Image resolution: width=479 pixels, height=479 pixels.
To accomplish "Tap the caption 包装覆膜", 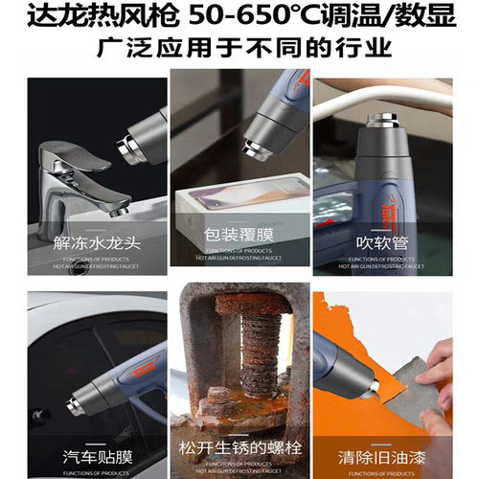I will (x=239, y=234).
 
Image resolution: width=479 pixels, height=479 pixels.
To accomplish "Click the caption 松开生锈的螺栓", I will (x=239, y=448).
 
